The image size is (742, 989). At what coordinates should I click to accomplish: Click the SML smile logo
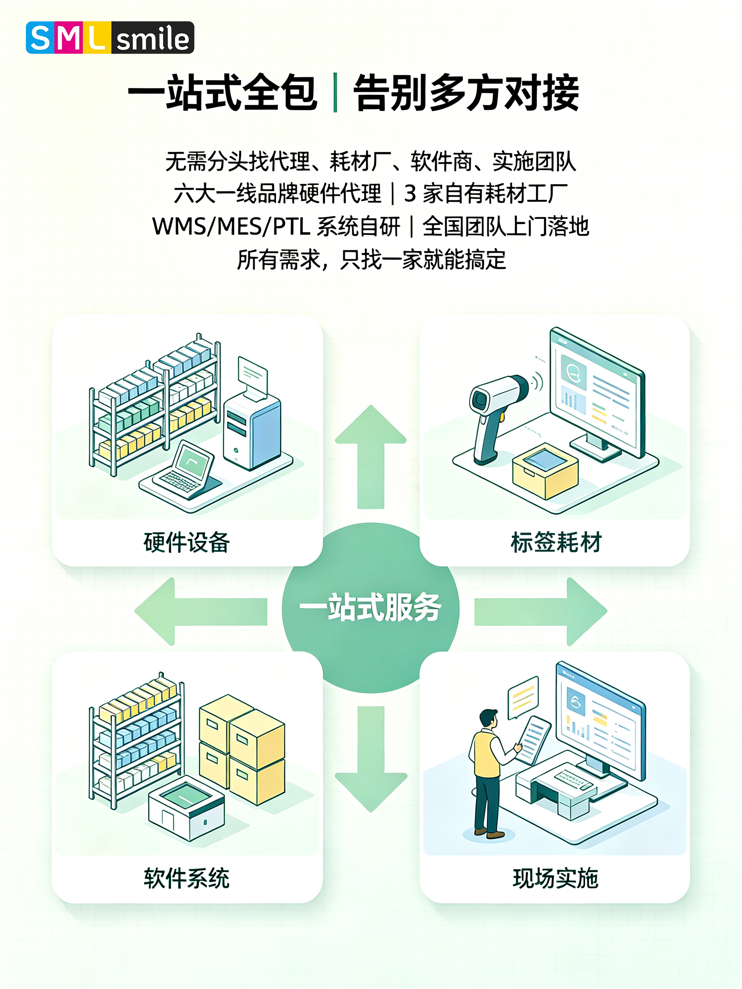(x=110, y=37)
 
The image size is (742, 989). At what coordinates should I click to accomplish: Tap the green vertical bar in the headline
(x=335, y=93)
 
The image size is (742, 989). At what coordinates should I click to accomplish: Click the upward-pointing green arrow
(x=371, y=456)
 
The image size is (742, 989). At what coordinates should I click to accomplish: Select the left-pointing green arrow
(x=201, y=611)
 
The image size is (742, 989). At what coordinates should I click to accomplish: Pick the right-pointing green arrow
(x=541, y=611)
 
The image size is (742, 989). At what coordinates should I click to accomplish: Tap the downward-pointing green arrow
(x=371, y=759)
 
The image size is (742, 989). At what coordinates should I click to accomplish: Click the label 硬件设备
(x=187, y=542)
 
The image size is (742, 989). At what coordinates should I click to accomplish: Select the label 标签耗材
(x=556, y=542)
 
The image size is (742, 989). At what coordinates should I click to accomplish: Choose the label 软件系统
(x=187, y=878)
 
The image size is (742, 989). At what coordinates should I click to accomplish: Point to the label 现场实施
(x=556, y=878)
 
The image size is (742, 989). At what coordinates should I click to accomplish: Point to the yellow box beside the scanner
(x=545, y=471)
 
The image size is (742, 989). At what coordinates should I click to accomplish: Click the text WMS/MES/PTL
(x=231, y=226)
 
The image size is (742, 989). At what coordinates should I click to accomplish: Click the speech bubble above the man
(x=523, y=698)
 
